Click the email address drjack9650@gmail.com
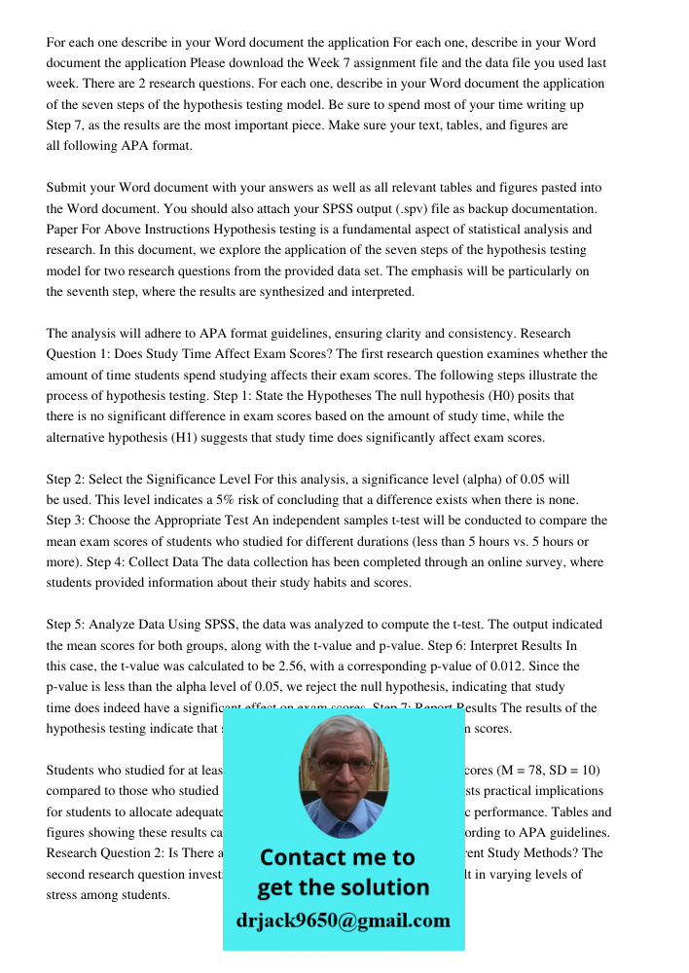[x=343, y=920]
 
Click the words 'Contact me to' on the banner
[x=337, y=857]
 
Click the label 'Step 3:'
[x=70, y=521]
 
